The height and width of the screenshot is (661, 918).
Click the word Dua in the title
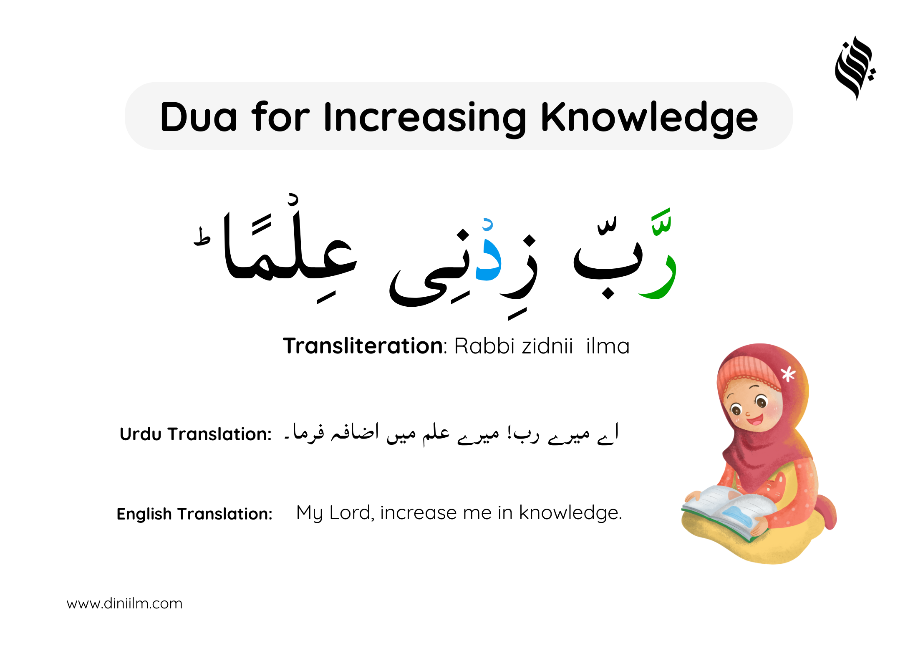click(199, 117)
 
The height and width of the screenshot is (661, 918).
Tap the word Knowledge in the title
click(649, 119)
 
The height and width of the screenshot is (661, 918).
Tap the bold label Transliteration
click(363, 346)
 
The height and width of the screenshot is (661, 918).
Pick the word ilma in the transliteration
click(608, 346)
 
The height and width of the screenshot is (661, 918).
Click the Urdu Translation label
click(196, 434)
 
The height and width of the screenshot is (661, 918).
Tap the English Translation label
click(194, 514)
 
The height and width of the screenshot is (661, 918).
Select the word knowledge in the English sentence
click(570, 513)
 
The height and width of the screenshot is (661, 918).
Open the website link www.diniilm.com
click(124, 604)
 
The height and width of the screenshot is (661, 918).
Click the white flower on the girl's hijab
click(788, 374)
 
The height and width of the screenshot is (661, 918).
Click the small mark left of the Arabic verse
click(202, 237)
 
